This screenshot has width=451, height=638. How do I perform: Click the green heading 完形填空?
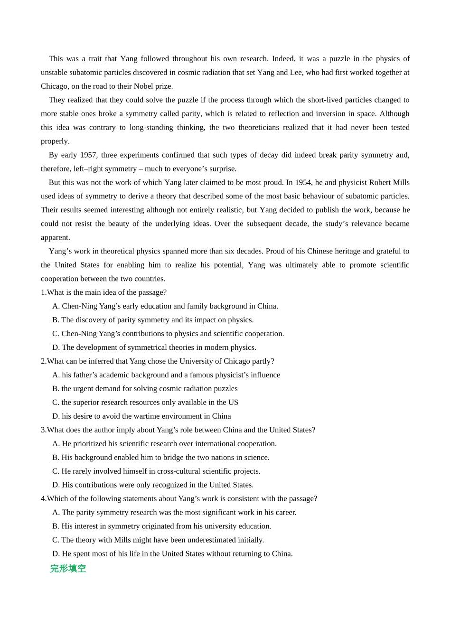point(68,568)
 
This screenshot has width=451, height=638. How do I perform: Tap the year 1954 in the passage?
point(303,182)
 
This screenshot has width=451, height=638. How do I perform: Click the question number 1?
point(43,292)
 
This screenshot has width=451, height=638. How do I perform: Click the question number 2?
point(43,361)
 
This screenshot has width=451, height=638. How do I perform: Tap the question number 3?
point(43,430)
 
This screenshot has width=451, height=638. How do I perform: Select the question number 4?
point(43,499)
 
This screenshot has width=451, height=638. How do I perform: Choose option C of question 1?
point(168,334)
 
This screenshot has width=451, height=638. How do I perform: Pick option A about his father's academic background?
point(166,375)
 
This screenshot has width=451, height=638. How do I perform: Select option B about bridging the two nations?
point(161,458)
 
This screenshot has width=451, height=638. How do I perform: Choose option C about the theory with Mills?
point(158,540)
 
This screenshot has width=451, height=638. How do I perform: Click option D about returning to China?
point(172,554)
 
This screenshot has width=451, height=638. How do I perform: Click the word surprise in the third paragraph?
point(221,169)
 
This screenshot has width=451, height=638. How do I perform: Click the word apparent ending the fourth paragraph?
point(55,237)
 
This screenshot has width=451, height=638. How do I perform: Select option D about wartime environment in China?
point(141,416)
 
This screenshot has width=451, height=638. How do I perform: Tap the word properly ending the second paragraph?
point(55,141)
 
